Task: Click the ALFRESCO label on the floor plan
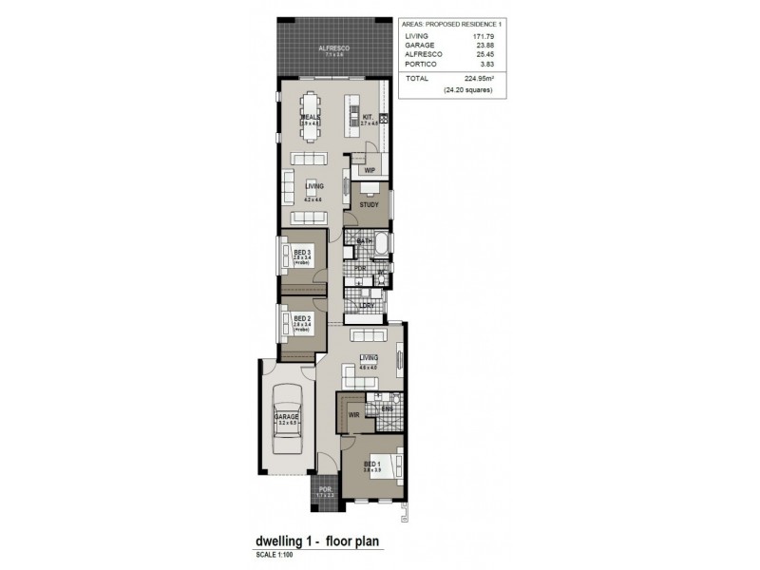click(x=334, y=47)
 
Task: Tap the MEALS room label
click(x=310, y=117)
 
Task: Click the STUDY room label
click(x=370, y=204)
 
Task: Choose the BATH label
click(x=363, y=241)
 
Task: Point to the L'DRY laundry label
click(x=366, y=304)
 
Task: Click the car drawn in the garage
click(x=287, y=426)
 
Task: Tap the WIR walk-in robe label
click(x=352, y=415)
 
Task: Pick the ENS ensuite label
click(x=387, y=409)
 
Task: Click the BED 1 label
click(x=372, y=465)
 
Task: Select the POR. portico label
click(x=324, y=490)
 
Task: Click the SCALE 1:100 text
click(x=275, y=555)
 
